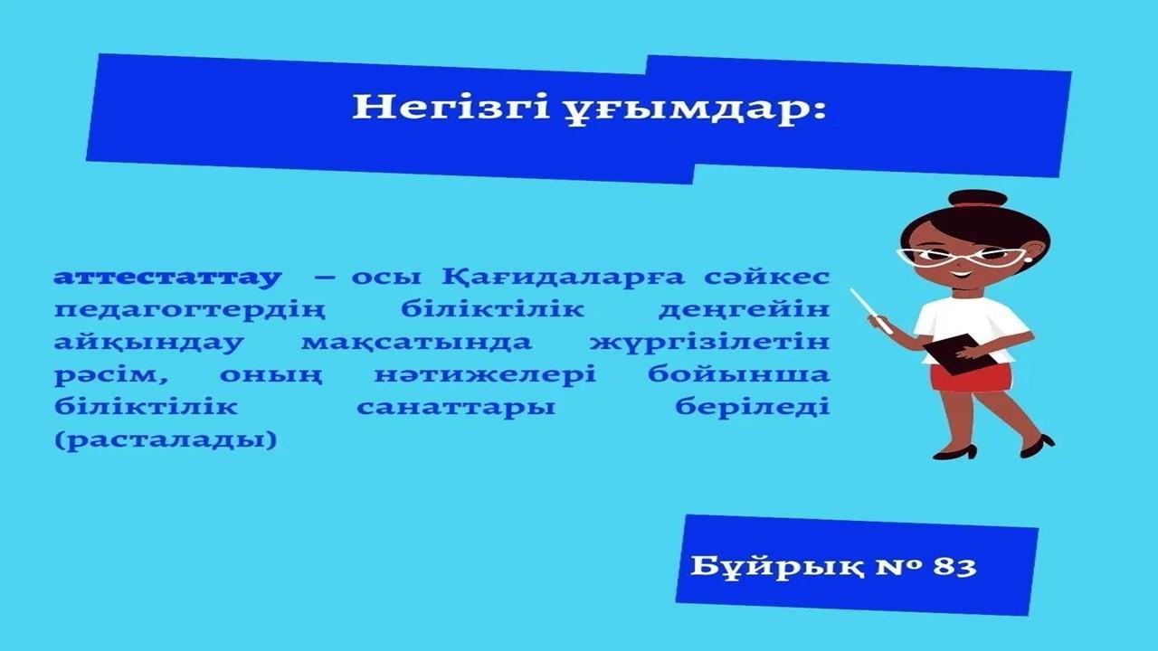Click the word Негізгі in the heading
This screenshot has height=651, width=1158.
(x=451, y=108)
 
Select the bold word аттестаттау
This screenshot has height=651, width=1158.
(x=168, y=277)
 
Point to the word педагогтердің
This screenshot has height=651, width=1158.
(x=190, y=311)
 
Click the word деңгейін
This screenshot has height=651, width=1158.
(x=745, y=310)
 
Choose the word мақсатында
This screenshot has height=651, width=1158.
(x=417, y=343)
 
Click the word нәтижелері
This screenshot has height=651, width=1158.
(x=486, y=374)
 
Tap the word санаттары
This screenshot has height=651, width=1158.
(x=456, y=408)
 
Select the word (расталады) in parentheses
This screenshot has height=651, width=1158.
(x=166, y=440)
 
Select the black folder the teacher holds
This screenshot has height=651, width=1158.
(x=958, y=354)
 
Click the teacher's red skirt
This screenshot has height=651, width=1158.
(x=972, y=377)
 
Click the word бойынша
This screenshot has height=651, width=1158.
(x=739, y=375)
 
